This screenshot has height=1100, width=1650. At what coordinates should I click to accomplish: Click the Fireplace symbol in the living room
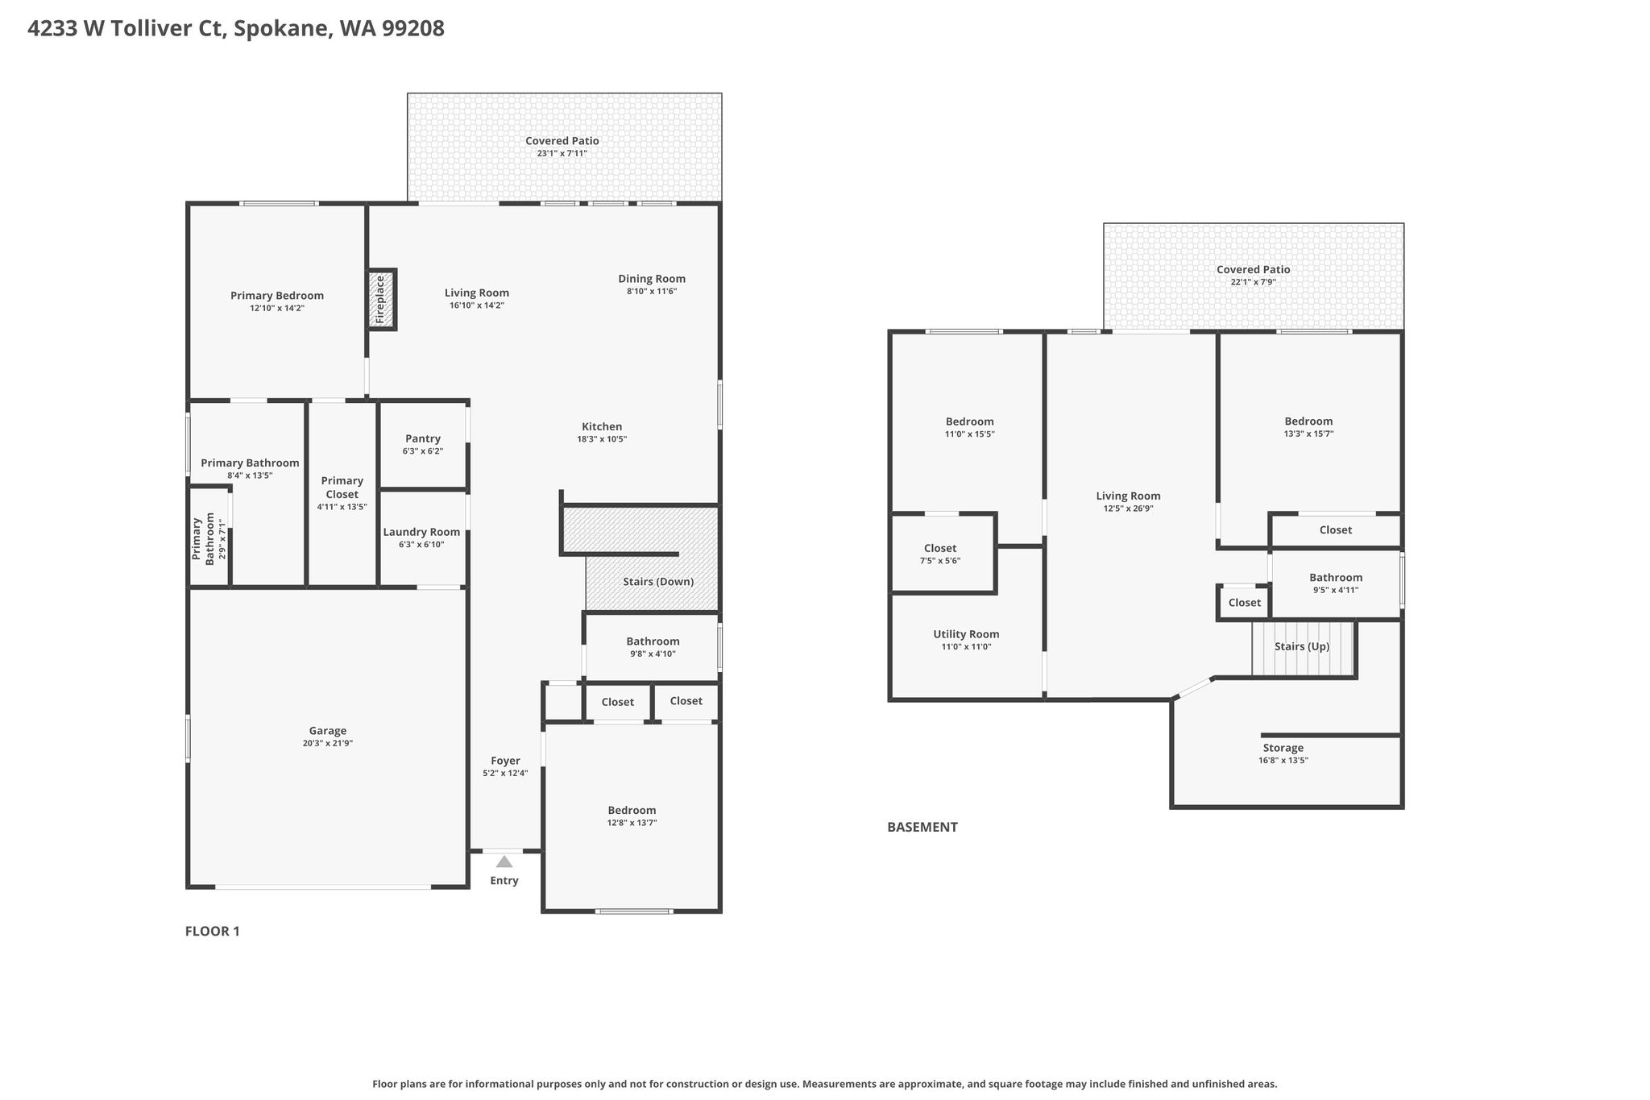[382, 300]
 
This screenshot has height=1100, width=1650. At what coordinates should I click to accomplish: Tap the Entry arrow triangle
[504, 861]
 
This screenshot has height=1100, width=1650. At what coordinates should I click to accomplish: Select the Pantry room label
[423, 438]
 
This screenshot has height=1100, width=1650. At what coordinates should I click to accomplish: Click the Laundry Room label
[421, 532]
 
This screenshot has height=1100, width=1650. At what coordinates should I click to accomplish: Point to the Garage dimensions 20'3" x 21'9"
[328, 744]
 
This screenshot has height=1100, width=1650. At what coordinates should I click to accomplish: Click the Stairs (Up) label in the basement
[1302, 646]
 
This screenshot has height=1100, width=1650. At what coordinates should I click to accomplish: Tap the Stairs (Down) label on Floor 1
[658, 582]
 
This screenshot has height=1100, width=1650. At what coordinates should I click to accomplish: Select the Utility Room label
[966, 634]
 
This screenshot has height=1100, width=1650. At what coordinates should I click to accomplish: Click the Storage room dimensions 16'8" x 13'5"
[1283, 760]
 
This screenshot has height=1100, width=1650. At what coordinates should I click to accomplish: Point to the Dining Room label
[652, 279]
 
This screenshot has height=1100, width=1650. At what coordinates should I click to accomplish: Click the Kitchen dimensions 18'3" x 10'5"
[602, 439]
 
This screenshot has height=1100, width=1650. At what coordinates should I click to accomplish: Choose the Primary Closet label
[342, 488]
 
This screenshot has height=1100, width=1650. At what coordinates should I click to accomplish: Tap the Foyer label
[505, 761]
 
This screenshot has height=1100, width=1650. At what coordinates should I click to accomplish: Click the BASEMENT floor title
[922, 827]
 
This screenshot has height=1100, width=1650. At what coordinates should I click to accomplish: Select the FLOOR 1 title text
[213, 932]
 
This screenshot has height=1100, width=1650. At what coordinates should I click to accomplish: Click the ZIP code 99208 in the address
[417, 29]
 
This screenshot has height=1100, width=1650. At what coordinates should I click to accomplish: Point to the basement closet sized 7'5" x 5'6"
[940, 554]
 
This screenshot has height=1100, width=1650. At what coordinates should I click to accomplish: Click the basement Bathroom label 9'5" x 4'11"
[1336, 583]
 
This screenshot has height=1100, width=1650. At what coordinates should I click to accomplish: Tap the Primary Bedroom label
[277, 296]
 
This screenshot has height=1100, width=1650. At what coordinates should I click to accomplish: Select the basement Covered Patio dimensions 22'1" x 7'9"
[1254, 282]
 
